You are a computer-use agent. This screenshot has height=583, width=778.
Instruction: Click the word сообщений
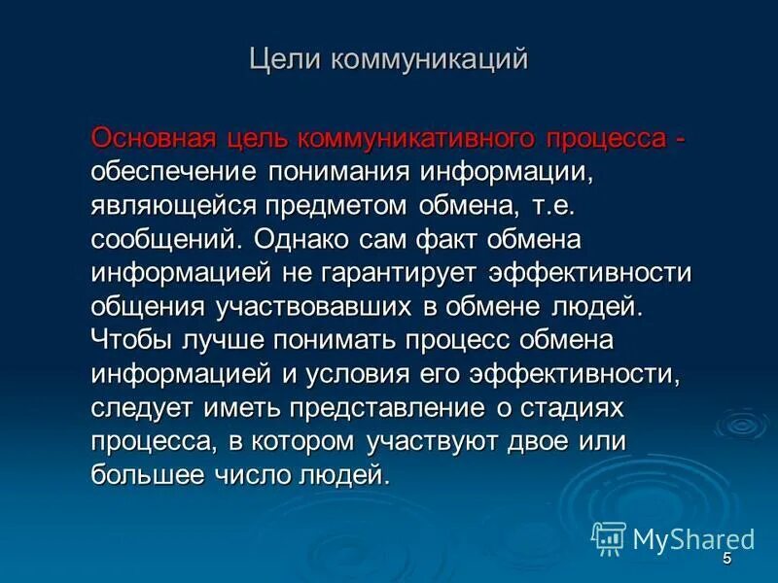166,240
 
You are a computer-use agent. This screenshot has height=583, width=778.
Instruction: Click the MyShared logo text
692,539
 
